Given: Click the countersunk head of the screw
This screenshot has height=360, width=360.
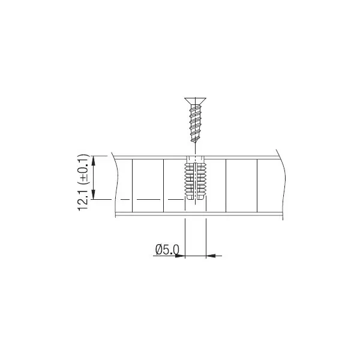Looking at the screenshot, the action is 195,101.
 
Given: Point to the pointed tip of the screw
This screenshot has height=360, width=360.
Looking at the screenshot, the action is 195,143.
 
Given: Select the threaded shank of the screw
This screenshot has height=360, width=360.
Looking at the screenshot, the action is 195,124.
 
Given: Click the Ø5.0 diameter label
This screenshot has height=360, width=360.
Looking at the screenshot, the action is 167,250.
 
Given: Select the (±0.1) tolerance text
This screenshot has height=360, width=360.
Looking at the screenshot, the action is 83,169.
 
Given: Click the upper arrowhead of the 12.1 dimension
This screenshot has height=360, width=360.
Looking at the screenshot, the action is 93,160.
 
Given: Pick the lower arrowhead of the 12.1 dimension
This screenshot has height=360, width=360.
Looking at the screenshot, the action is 93,194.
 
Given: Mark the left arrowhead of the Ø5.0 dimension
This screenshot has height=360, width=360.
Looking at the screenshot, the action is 180,256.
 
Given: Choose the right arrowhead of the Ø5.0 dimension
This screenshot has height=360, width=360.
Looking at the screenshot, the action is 211,256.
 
